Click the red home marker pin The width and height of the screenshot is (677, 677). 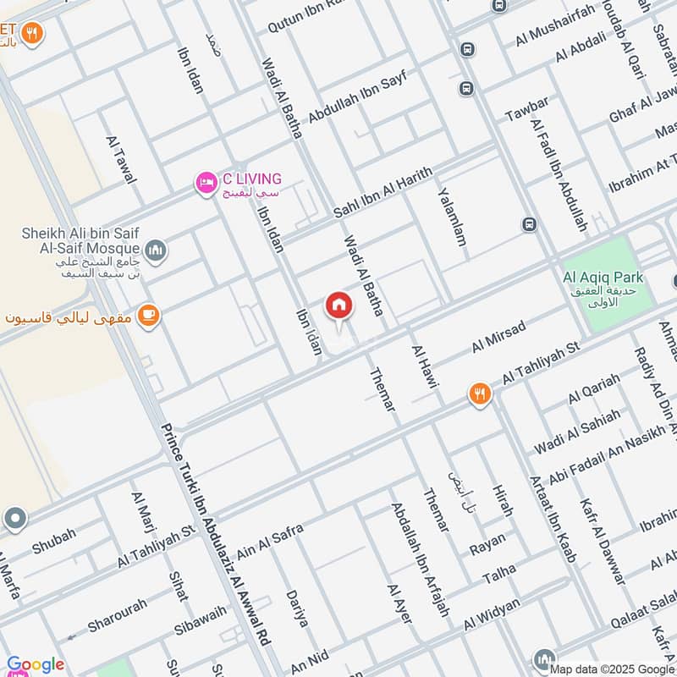pos(338,305)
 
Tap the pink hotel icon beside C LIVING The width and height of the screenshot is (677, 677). pos(205,182)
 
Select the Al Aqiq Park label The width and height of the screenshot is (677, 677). pos(603,278)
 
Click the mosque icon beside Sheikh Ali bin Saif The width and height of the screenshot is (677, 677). pos(155,250)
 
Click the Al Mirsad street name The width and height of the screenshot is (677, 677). pos(499,337)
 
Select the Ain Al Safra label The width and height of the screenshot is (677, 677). pos(269,535)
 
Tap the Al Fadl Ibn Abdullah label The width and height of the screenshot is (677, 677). pos(559,175)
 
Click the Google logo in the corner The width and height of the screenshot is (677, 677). pos(36,665)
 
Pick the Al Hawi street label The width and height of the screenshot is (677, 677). pos(426,366)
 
